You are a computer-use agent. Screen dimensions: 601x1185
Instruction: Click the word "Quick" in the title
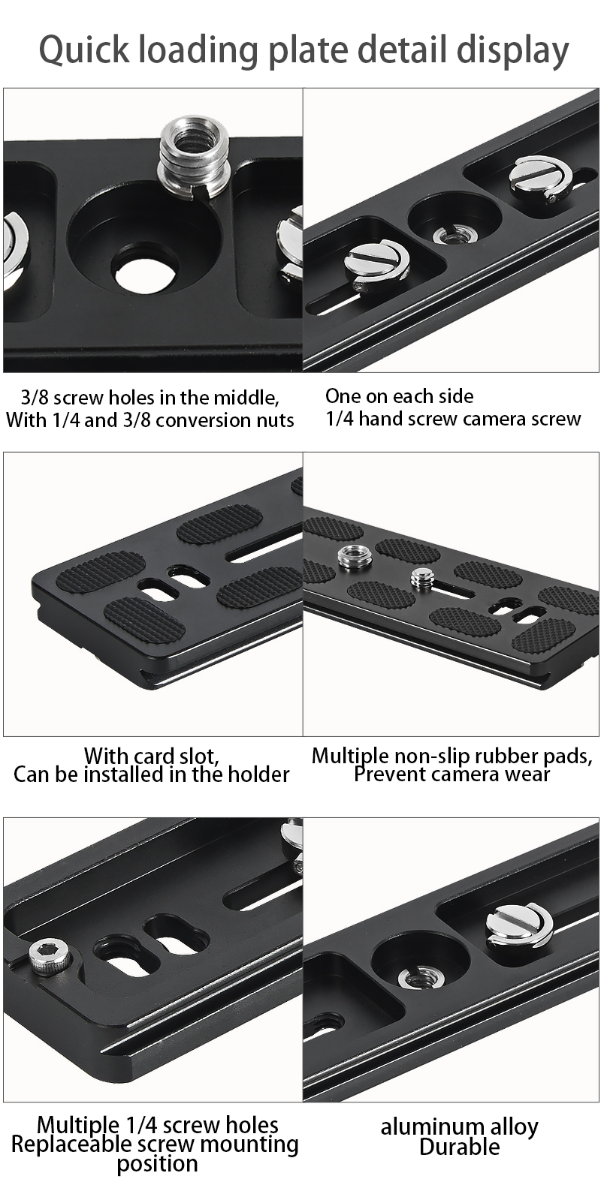pyautogui.click(x=84, y=50)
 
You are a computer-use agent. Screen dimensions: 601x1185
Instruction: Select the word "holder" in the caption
pyautogui.click(x=258, y=774)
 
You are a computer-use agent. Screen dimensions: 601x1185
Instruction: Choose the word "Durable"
pyautogui.click(x=460, y=1147)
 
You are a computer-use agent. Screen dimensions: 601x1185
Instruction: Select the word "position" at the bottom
pyautogui.click(x=157, y=1162)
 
